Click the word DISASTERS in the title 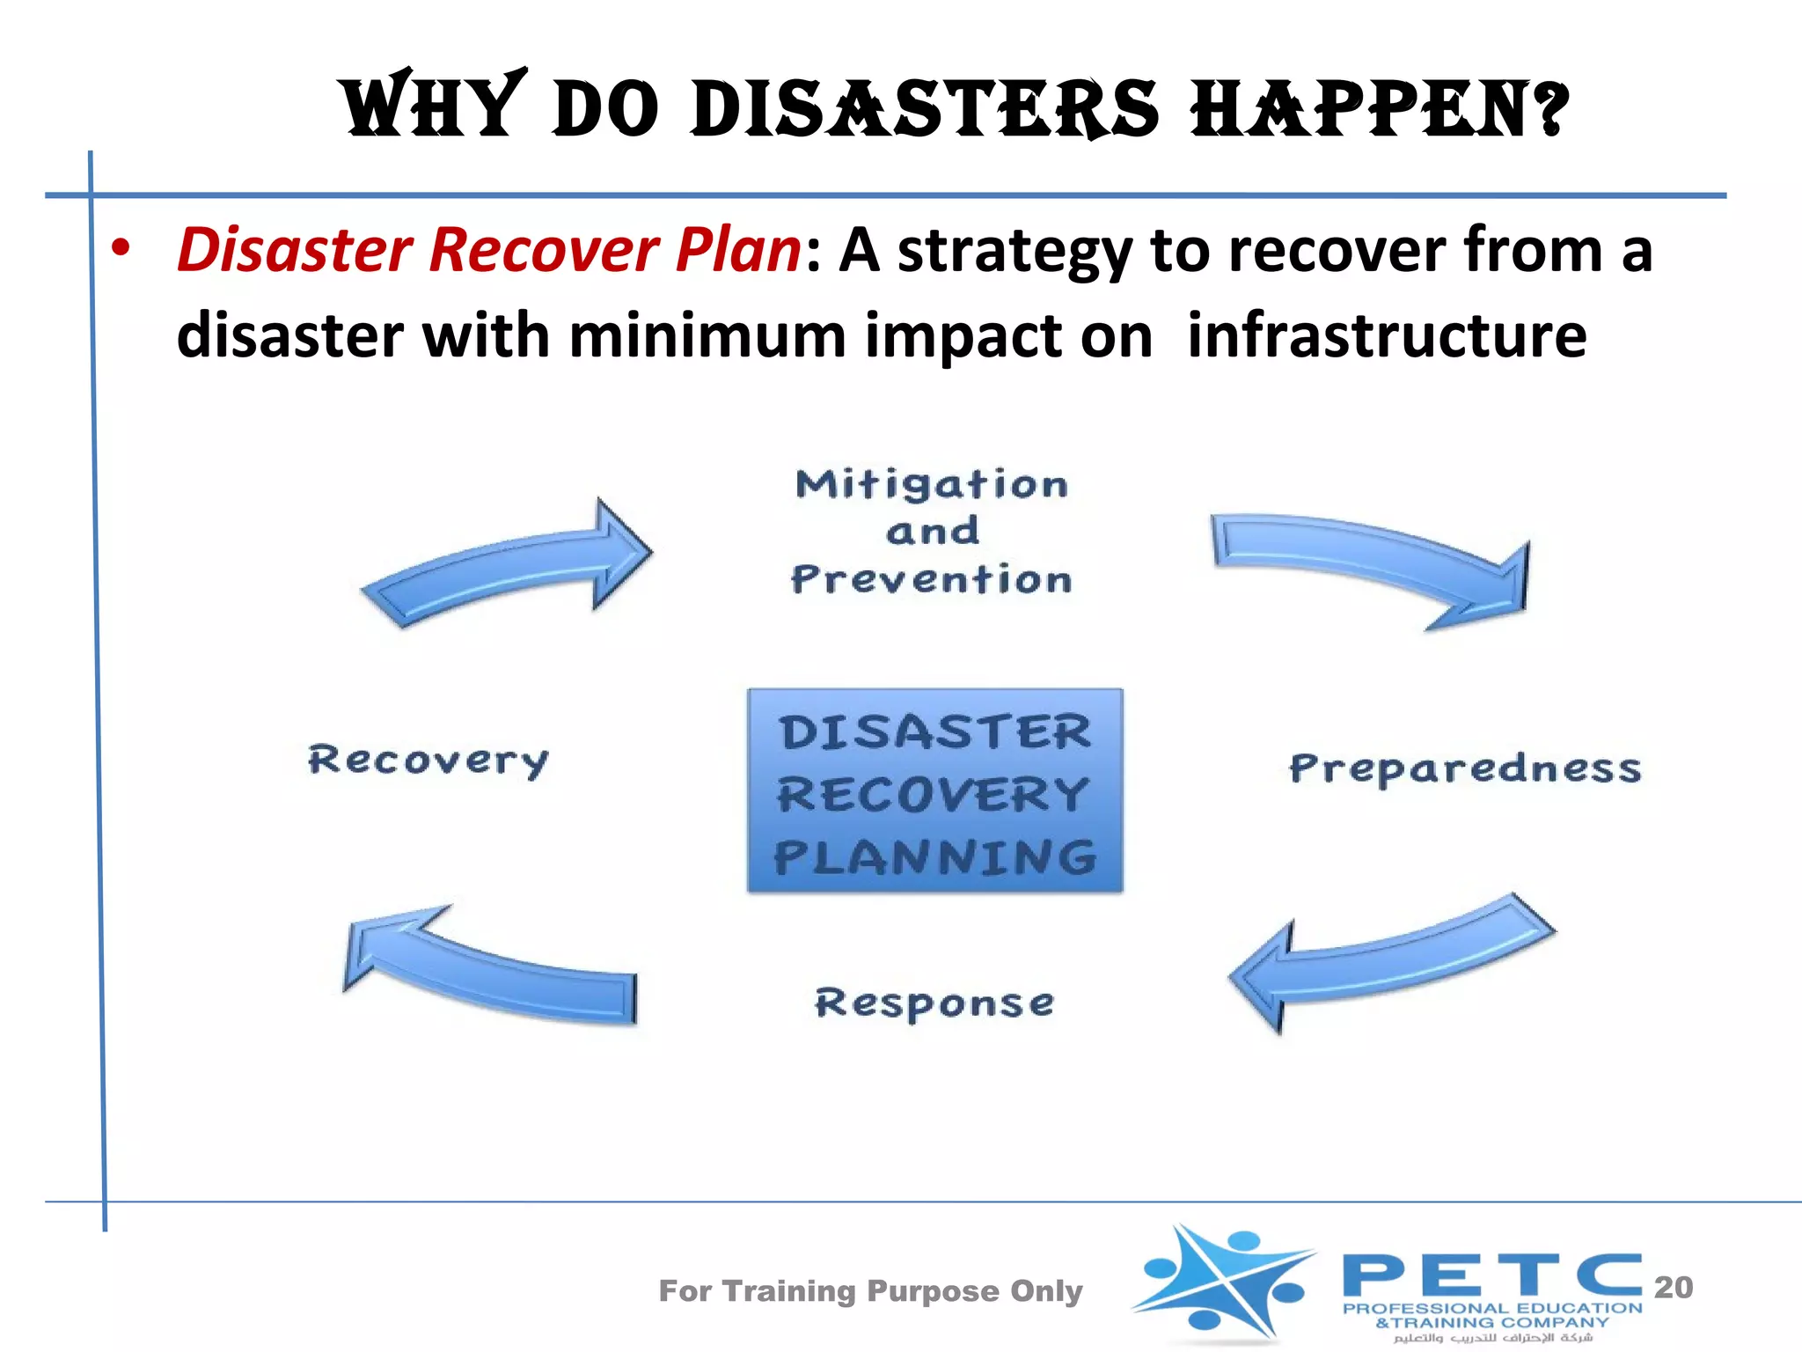(x=924, y=109)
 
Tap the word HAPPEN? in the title (x=1379, y=109)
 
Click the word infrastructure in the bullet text (x=1387, y=335)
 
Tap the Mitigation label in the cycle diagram (x=932, y=484)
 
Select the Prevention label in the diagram (x=932, y=579)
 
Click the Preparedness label (x=1465, y=768)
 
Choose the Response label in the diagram (x=934, y=1003)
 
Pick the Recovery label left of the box (x=429, y=760)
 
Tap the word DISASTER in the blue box (x=935, y=732)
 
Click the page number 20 (x=1673, y=1287)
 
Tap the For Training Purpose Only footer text (x=870, y=1290)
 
